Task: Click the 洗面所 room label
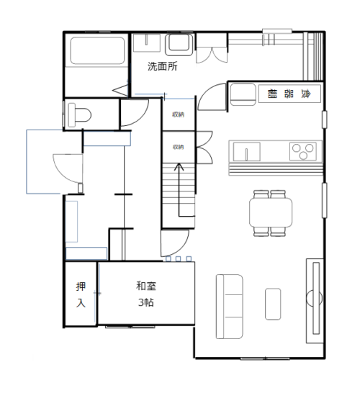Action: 163,66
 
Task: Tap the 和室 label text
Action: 146,286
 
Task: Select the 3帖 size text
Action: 146,302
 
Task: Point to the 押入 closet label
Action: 81,295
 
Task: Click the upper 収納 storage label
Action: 179,114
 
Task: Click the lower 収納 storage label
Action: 179,147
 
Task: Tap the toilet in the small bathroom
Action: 79,115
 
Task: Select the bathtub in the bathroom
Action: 97,50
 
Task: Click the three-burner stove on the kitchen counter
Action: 303,151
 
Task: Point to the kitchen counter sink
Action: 246,152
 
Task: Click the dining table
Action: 271,212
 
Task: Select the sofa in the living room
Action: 230,307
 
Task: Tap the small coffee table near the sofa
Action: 273,304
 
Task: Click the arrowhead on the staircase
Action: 179,166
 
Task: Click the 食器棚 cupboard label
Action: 289,94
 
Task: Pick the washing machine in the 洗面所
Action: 179,45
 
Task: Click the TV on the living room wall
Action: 315,299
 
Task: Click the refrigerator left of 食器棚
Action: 243,94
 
